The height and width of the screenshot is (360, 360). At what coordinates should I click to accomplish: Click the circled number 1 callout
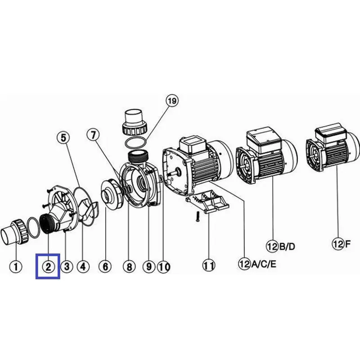pos(16,267)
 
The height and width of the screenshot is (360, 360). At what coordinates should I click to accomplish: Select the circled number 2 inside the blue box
pos(49,267)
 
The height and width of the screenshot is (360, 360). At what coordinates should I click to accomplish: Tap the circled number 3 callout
pos(67,267)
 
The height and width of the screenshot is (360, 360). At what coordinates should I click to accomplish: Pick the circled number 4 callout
pos(83,267)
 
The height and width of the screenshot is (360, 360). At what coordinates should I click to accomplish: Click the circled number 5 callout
pos(63,138)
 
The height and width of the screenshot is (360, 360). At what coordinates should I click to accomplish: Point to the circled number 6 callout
pos(105,267)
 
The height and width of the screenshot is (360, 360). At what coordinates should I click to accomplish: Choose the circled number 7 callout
pos(93,135)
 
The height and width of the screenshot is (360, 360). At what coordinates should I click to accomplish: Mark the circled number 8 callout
pos(130,267)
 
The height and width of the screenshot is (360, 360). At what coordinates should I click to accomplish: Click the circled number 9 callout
pos(149,267)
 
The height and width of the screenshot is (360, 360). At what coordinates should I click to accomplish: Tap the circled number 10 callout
pos(164,267)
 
